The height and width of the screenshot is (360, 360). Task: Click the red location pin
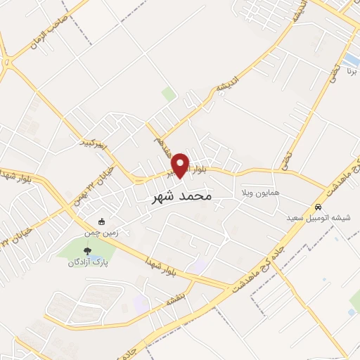[x=181, y=165]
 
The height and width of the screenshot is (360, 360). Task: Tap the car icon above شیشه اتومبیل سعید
[x=319, y=207]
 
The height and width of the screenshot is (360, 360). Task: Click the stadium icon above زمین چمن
[x=103, y=221]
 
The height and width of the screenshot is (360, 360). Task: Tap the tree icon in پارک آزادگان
[x=87, y=250]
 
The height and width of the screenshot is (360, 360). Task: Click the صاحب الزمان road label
[x=49, y=33]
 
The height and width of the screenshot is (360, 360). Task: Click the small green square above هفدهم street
[x=167, y=93]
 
